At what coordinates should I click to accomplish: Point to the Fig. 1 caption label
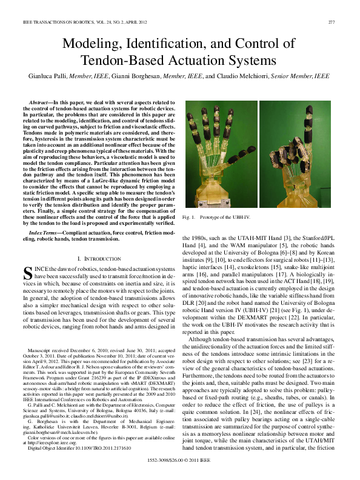coord(190,216)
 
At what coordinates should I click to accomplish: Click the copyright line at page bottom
coord(180,468)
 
